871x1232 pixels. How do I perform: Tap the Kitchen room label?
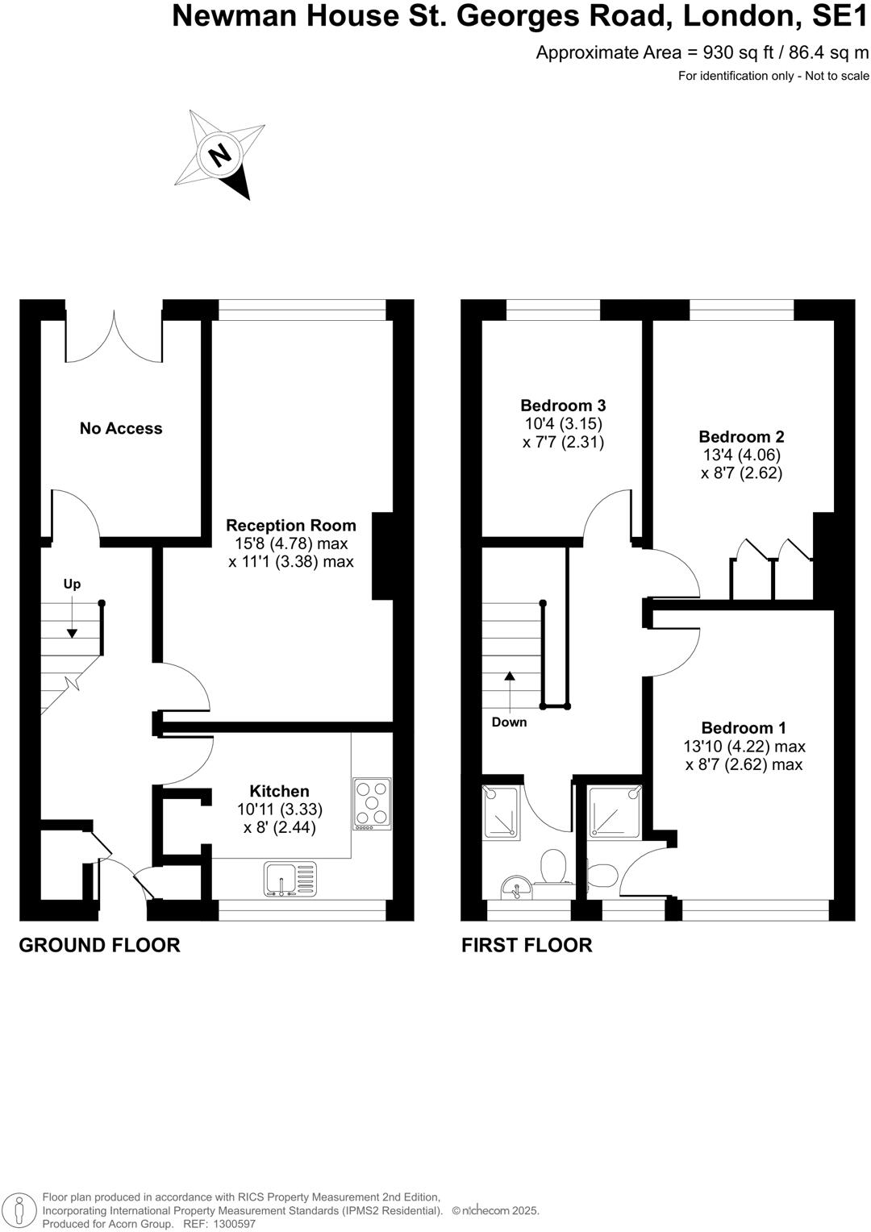(x=279, y=791)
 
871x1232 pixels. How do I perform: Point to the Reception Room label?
(x=290, y=525)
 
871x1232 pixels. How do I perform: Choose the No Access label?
(x=121, y=428)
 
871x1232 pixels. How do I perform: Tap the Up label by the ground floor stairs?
(x=72, y=584)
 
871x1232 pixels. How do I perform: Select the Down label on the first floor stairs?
(x=509, y=722)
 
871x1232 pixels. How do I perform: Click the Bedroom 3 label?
(x=563, y=406)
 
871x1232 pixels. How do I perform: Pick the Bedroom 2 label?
(x=741, y=436)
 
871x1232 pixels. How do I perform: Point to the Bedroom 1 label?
(x=744, y=727)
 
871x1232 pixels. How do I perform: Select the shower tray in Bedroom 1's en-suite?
(x=615, y=812)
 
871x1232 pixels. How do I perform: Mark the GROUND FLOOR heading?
(x=99, y=945)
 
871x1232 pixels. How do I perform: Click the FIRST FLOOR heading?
(x=527, y=945)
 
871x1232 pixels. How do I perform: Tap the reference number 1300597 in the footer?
(x=234, y=1224)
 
